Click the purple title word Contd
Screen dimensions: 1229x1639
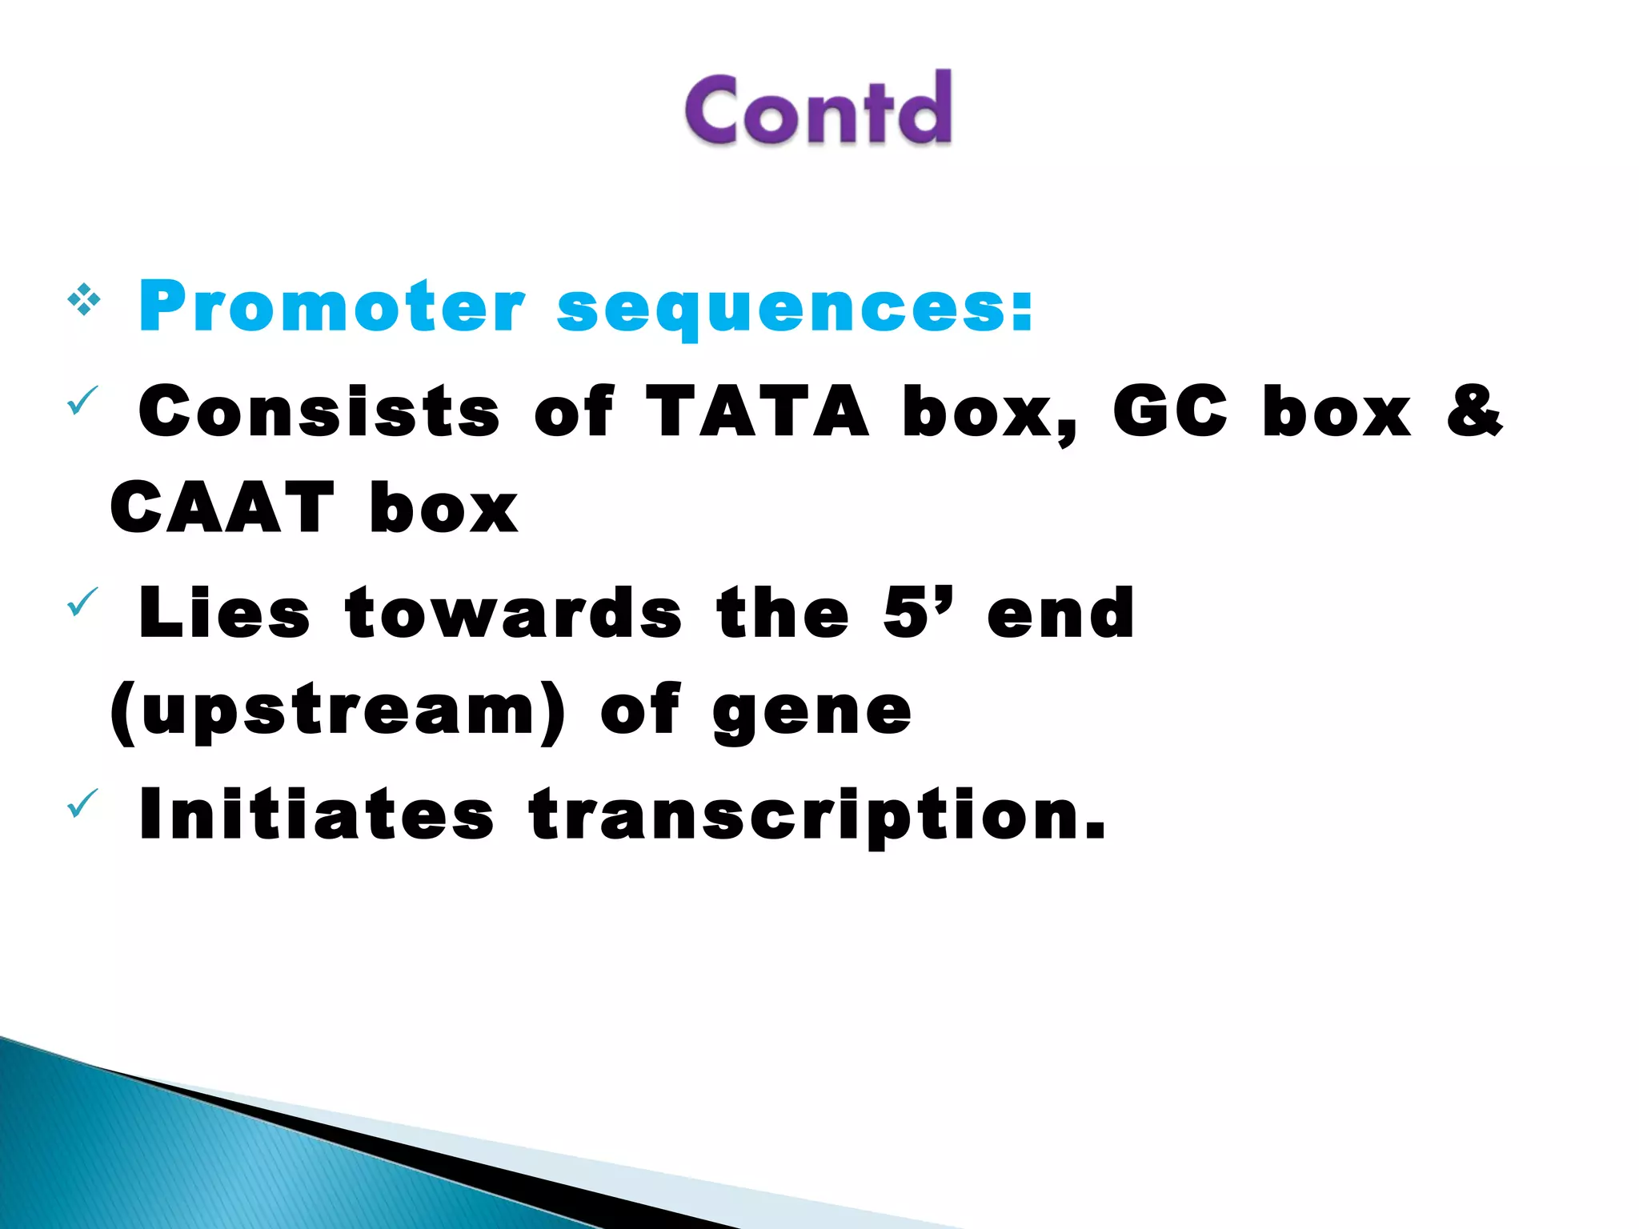(818, 109)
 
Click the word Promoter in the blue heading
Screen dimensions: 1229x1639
(332, 307)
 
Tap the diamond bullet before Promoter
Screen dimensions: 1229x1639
(84, 302)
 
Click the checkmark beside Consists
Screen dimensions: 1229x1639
(82, 400)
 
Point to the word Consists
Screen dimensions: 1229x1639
(319, 411)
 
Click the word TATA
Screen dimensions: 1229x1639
(756, 411)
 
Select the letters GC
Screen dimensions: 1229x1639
(1169, 411)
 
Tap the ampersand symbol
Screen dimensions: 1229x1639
(1474, 411)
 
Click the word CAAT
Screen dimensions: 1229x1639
(222, 508)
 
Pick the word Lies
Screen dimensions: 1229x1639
(224, 613)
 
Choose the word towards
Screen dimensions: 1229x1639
(514, 613)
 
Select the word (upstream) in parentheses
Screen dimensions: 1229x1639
(338, 712)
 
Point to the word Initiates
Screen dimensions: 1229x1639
(316, 815)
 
